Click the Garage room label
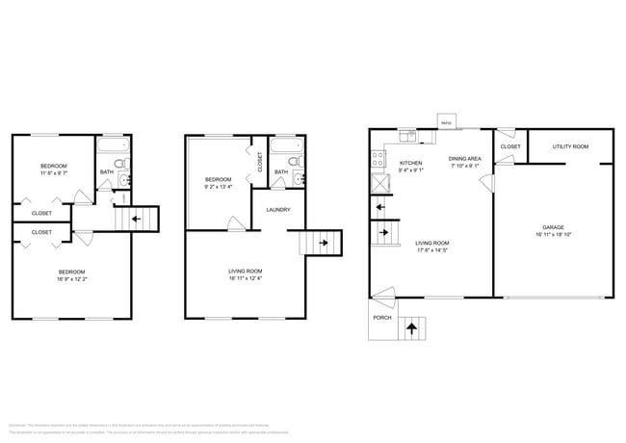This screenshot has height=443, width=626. click(552, 227)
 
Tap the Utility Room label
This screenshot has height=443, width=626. click(569, 146)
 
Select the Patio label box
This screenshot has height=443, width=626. click(446, 123)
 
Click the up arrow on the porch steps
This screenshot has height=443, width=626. click(412, 327)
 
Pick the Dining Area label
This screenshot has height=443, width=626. click(465, 158)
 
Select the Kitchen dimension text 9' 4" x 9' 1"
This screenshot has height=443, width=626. click(411, 170)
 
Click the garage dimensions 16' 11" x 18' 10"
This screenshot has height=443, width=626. click(552, 235)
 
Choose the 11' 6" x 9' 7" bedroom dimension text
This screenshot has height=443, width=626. click(54, 173)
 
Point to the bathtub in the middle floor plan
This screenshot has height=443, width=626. click(286, 148)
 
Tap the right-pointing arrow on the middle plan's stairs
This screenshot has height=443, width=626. click(324, 243)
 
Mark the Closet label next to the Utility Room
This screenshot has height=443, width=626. click(510, 147)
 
